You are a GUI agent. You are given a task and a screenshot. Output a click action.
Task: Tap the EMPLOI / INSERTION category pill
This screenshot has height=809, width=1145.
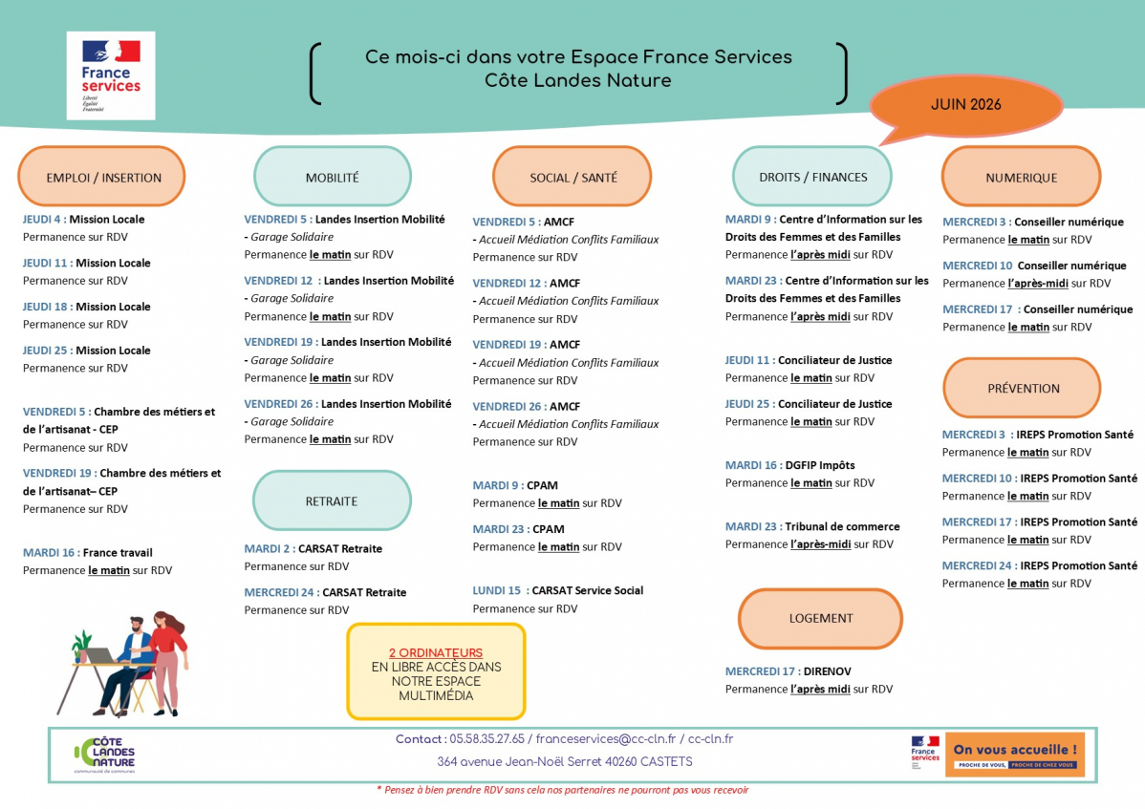pyautogui.click(x=101, y=177)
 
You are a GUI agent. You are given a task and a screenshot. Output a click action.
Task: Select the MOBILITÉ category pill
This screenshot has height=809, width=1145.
pyautogui.click(x=333, y=177)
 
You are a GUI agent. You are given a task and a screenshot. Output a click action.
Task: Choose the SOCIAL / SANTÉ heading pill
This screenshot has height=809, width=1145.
pyautogui.click(x=572, y=177)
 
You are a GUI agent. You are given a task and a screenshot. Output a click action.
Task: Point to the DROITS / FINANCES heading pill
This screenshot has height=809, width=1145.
pyautogui.click(x=812, y=177)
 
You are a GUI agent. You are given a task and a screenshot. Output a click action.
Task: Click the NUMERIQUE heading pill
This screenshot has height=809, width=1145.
pyautogui.click(x=1021, y=177)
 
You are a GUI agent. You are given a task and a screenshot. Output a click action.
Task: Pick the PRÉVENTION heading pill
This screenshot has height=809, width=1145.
pyautogui.click(x=1023, y=388)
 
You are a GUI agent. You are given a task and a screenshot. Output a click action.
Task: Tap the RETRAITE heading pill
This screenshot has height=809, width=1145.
pyautogui.click(x=332, y=501)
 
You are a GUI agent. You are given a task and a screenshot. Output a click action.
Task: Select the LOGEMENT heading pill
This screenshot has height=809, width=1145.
pyautogui.click(x=820, y=619)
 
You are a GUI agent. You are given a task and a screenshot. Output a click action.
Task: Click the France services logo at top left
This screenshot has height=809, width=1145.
pyautogui.click(x=111, y=75)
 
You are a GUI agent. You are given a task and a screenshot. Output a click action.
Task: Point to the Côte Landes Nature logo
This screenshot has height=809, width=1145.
pyautogui.click(x=104, y=755)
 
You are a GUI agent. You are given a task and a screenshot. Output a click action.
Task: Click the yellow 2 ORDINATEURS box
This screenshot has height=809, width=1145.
pyautogui.click(x=436, y=671)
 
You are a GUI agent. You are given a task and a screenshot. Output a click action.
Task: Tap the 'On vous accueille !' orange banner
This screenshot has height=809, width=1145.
pyautogui.click(x=1014, y=755)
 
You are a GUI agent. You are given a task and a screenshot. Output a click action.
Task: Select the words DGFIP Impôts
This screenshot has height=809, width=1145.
pyautogui.click(x=819, y=465)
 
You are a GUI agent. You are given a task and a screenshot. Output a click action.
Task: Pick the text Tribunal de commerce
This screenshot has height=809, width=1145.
pyautogui.click(x=842, y=526)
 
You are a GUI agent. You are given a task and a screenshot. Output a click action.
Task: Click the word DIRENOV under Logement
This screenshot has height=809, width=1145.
pyautogui.click(x=827, y=671)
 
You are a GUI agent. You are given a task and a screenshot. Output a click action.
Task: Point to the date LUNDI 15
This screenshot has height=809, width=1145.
pyautogui.click(x=497, y=591)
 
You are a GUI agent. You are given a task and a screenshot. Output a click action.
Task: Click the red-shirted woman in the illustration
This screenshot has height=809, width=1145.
pyautogui.click(x=169, y=660)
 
